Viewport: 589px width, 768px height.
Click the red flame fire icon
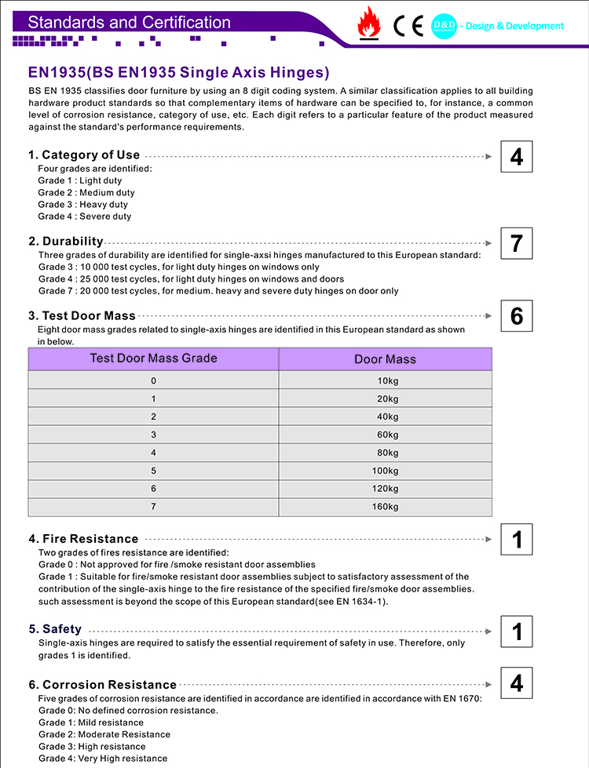[368, 24]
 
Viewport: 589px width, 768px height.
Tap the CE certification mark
[408, 27]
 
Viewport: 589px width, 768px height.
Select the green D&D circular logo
[444, 27]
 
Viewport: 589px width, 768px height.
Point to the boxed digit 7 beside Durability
[516, 243]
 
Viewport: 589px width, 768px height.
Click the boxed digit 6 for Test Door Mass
[516, 316]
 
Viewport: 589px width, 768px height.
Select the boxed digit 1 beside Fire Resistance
[516, 540]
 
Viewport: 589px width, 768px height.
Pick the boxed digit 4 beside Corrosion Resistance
[516, 682]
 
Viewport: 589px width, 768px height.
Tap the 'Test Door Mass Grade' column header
[153, 359]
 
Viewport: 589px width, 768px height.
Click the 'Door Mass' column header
[385, 359]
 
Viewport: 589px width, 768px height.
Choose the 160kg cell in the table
[385, 507]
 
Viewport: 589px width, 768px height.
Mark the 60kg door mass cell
[385, 435]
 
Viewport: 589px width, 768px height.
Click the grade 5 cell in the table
[153, 471]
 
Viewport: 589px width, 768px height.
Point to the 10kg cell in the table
[385, 381]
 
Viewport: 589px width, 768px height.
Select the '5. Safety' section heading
[55, 629]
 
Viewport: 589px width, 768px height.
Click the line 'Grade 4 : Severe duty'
[85, 217]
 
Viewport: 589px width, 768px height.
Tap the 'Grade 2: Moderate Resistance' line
[104, 735]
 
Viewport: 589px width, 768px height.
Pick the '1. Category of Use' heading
[84, 155]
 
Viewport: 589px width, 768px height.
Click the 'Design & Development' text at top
[513, 26]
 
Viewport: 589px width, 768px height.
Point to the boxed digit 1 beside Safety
[516, 632]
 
